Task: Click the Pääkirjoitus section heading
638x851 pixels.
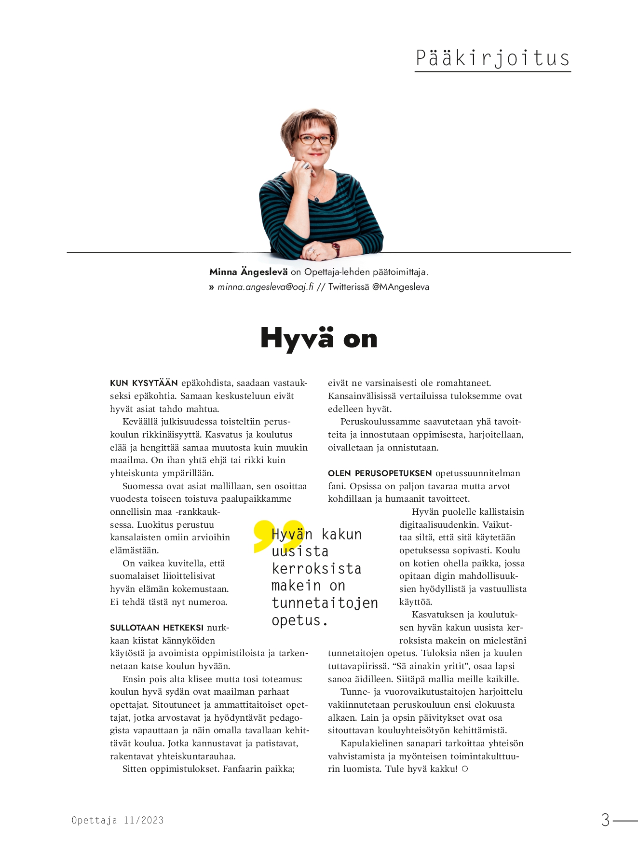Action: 492,58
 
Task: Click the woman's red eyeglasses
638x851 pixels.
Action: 316,139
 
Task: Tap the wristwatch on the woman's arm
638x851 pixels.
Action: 335,248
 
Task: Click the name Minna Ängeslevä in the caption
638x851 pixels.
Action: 248,272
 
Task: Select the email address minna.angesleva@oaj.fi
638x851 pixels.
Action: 265,287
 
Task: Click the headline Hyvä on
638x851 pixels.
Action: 319,338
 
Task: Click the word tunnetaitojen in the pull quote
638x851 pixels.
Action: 325,603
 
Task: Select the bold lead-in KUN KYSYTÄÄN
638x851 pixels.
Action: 144,384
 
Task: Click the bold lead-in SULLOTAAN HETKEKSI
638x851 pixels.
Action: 157,628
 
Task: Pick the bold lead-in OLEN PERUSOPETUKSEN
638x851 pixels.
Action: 380,473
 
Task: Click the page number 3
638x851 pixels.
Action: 605,820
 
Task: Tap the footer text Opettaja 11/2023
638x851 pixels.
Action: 118,820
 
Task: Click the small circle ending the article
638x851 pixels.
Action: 465,769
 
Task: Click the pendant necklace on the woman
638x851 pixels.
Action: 316,198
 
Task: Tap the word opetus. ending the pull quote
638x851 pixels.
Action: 299,620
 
